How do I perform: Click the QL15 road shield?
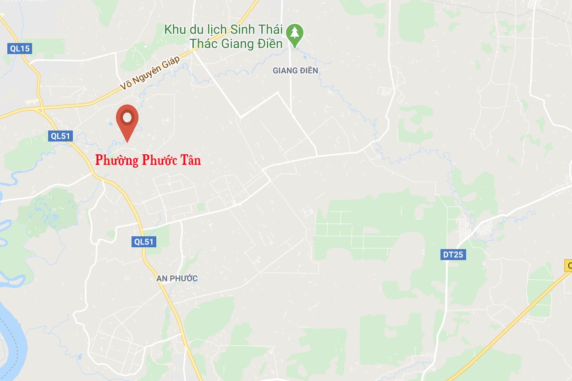click(x=20, y=49)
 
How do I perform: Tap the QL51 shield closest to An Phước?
click(x=144, y=241)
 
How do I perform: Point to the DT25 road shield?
click(x=453, y=255)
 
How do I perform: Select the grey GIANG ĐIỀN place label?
click(x=295, y=71)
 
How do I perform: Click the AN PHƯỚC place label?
click(x=177, y=278)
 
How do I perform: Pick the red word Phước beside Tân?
click(x=159, y=160)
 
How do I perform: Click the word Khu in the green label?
click(x=174, y=30)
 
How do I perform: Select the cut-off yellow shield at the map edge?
click(x=569, y=266)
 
